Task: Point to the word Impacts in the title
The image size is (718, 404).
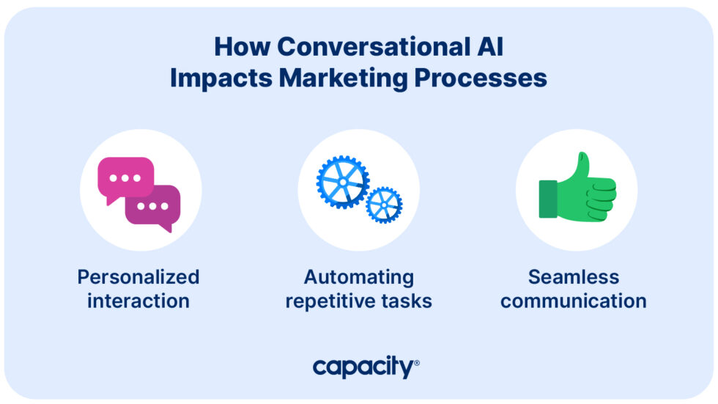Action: point(221,78)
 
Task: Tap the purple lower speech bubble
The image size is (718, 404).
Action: point(154,206)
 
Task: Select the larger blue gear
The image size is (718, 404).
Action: point(343,181)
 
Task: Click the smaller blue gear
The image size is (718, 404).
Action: point(384,205)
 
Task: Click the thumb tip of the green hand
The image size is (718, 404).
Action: point(582,158)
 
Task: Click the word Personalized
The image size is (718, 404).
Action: point(138,277)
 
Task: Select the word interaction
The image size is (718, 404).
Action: point(138,301)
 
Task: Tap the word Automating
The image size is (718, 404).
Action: point(359,277)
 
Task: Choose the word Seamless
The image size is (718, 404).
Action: point(574,277)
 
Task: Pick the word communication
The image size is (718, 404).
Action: point(574,301)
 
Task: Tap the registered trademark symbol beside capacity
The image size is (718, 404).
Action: point(416,363)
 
